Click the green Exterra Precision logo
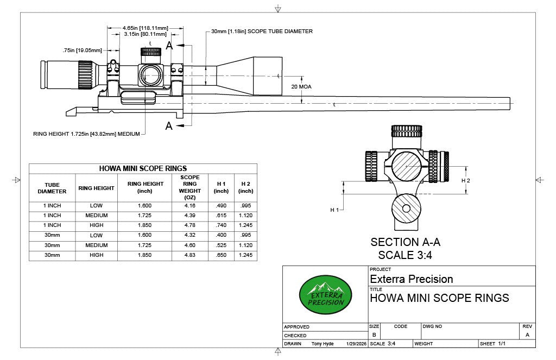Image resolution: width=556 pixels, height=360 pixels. (x=325, y=294)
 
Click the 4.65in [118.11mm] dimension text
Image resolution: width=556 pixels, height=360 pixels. (x=145, y=27)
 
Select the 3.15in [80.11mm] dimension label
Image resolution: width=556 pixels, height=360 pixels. (x=145, y=34)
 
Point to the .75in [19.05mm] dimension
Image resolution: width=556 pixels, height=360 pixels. (x=82, y=50)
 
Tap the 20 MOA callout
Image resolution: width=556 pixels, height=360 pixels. (x=301, y=86)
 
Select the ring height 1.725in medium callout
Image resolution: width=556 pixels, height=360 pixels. (x=87, y=133)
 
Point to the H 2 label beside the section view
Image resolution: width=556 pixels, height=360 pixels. (x=466, y=180)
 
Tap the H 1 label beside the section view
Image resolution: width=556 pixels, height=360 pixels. (x=334, y=210)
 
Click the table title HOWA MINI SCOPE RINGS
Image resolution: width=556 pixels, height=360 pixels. (x=143, y=168)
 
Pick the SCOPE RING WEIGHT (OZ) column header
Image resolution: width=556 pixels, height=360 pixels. (x=189, y=187)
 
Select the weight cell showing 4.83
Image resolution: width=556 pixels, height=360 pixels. (x=189, y=255)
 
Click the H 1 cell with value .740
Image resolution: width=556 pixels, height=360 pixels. (x=221, y=225)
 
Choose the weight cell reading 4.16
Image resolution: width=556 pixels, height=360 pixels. (x=189, y=206)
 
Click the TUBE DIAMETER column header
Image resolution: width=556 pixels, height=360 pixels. (x=52, y=188)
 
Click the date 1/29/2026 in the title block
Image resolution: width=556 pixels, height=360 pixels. (x=356, y=344)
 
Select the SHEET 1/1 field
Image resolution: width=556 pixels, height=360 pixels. (x=492, y=344)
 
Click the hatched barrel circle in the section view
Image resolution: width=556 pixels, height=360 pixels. (x=407, y=209)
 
